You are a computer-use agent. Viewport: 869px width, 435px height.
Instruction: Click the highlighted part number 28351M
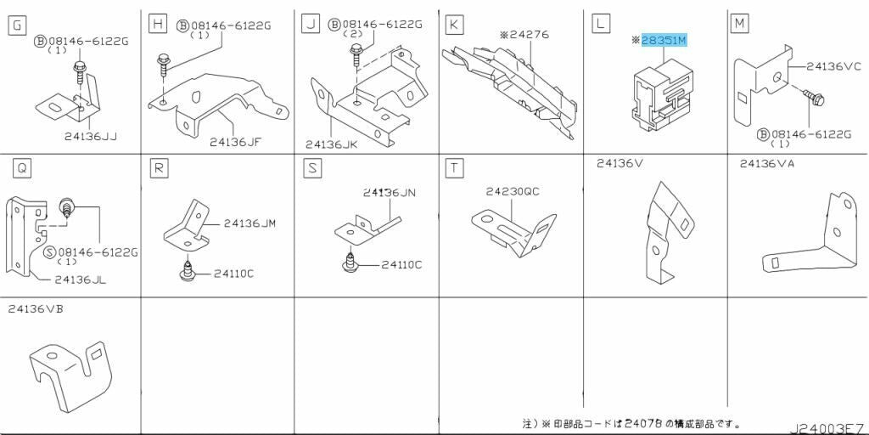tap(663, 40)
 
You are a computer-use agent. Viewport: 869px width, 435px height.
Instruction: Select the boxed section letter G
tap(15, 25)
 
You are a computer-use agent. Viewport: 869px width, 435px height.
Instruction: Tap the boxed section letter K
tap(454, 25)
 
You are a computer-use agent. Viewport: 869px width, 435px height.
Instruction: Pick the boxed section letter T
tap(455, 168)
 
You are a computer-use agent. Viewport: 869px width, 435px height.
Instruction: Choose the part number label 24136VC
tap(833, 65)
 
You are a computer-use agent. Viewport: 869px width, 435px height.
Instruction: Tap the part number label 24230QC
tap(513, 192)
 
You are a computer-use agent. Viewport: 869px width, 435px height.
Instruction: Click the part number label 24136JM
tap(250, 223)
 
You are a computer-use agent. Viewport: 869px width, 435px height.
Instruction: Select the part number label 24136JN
tap(390, 193)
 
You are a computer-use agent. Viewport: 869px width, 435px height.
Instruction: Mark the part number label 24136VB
tap(36, 308)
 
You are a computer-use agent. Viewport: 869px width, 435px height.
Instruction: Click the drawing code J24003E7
tap(830, 427)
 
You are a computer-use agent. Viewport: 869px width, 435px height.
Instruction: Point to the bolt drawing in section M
tap(815, 100)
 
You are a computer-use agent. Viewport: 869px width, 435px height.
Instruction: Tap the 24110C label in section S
tap(401, 265)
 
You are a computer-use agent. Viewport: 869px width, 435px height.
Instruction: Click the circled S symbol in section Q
tap(49, 252)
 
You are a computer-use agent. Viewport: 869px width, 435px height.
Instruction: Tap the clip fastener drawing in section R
tap(186, 271)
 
